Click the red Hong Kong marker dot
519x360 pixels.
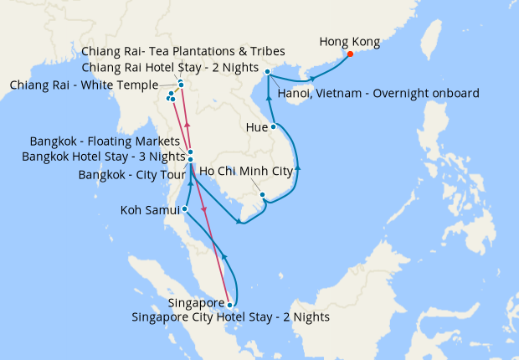click(350, 55)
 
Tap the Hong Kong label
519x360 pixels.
click(350, 41)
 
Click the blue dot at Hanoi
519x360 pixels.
click(267, 72)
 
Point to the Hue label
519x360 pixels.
click(257, 127)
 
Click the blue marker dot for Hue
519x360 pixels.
click(274, 127)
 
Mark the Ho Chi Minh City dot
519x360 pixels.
click(263, 196)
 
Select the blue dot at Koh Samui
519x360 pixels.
click(184, 209)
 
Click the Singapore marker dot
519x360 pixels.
click(230, 305)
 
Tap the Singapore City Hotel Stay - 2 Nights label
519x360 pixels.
click(231, 317)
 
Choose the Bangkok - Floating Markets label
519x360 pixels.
click(105, 141)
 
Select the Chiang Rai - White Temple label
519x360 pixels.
click(84, 85)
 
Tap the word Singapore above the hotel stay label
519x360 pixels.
click(196, 302)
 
